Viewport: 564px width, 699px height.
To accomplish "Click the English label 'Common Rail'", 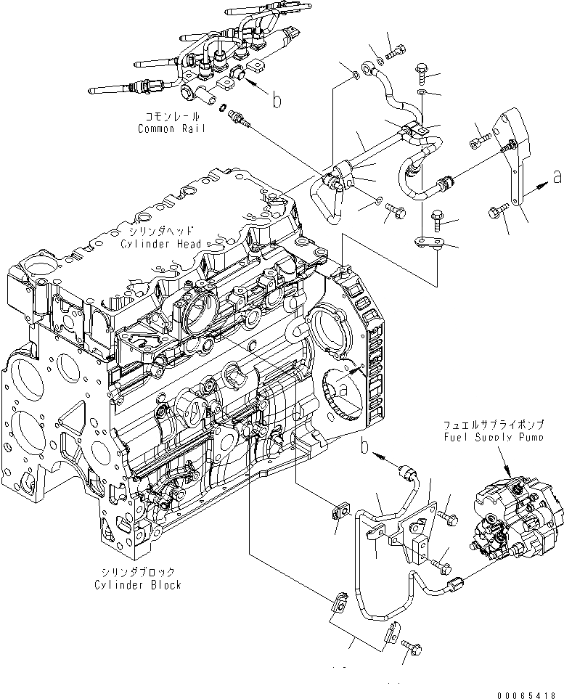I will point(171,128).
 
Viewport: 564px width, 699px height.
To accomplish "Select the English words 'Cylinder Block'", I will point(137,584).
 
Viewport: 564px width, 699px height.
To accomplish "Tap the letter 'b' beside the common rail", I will point(277,101).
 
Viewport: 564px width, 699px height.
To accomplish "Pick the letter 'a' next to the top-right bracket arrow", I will point(557,175).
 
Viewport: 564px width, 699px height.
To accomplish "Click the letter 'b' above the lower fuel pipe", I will point(366,449).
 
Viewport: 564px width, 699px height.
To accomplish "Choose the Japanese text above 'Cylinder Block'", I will point(137,573).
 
